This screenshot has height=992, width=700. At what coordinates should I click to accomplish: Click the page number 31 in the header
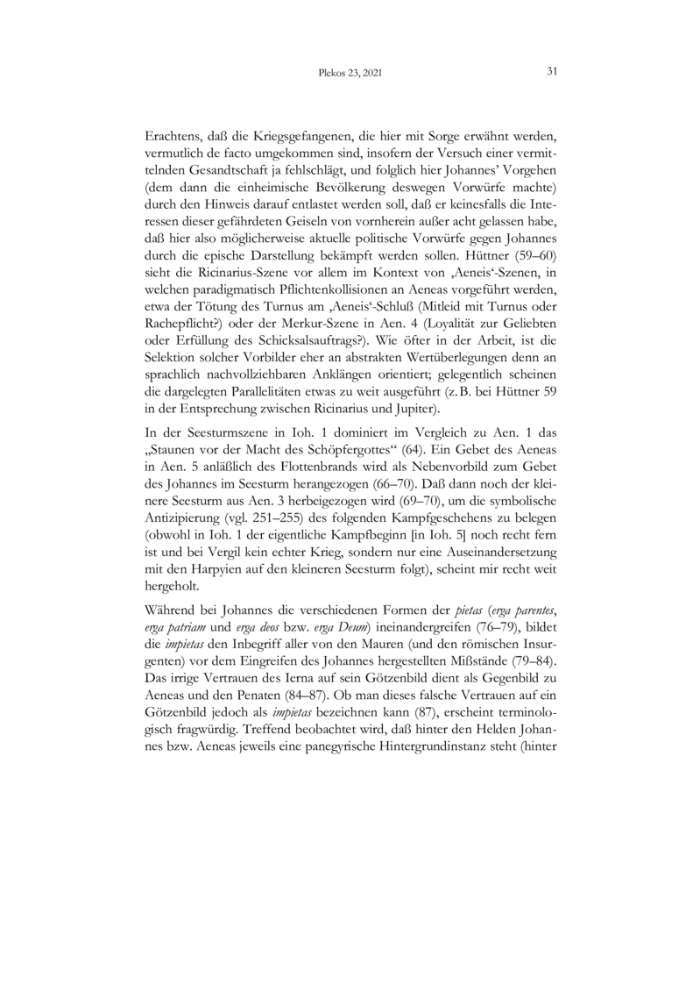(x=552, y=71)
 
